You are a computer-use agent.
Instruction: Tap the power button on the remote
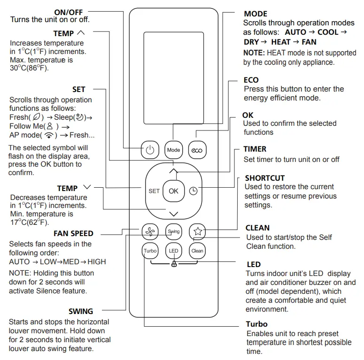tap(150, 150)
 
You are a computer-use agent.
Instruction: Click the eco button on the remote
tap(197, 150)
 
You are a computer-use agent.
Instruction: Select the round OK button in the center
tap(174, 191)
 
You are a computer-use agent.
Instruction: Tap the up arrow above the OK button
tap(174, 171)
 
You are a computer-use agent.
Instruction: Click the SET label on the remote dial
tap(154, 191)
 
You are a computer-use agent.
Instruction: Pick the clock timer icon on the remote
tap(194, 191)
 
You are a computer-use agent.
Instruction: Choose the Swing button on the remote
tap(174, 231)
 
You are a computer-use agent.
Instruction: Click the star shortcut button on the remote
tap(197, 231)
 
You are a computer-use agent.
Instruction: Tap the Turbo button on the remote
tap(150, 251)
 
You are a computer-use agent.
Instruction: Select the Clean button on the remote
tap(197, 251)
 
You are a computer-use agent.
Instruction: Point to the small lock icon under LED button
tap(174, 265)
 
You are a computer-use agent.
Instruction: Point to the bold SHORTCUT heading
tap(265, 178)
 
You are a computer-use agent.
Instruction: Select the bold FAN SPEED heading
tap(73, 233)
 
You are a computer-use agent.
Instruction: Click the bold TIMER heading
tap(255, 149)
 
